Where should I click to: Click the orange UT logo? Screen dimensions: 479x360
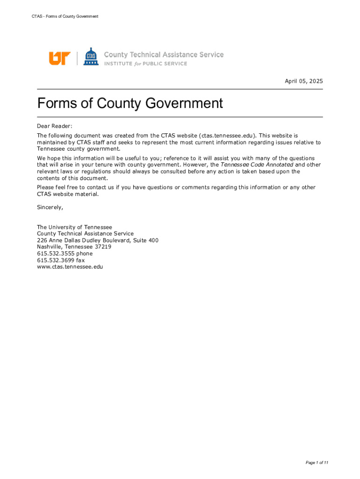pos(59,58)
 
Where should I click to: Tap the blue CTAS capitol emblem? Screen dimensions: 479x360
pos(91,57)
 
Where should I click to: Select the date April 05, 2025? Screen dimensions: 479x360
pos(304,81)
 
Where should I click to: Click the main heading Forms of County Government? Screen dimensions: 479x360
pos(130,103)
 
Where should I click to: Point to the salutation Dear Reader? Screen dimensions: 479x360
pos(55,126)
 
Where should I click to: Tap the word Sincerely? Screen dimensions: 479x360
pos(50,207)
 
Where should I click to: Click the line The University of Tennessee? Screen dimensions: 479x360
pos(74,227)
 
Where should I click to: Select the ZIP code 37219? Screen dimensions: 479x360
pos(102,247)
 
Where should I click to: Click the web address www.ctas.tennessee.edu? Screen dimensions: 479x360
pos(70,267)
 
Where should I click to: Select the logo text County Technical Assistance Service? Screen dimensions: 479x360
pos(164,55)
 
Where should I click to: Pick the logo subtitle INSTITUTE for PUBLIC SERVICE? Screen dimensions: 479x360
pos(145,64)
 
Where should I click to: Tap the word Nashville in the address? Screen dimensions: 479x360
pos(49,247)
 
